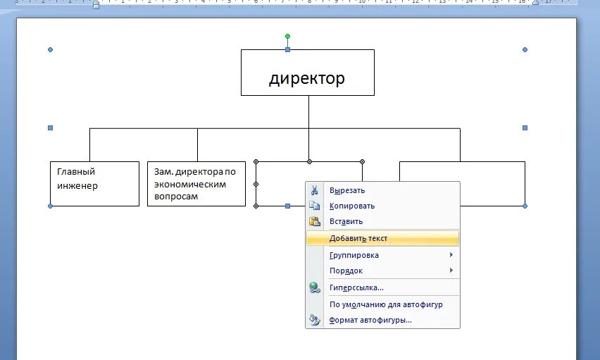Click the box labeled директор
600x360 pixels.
coord(307,73)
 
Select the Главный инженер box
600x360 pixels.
coord(94,184)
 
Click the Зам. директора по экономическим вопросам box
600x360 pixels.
coord(196,184)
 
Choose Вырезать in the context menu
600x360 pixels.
coord(346,190)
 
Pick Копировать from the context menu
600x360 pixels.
coord(351,206)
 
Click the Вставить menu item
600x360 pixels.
coord(346,221)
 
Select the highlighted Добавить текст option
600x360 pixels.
coord(358,238)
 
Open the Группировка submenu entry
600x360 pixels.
coord(354,255)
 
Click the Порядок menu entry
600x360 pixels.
coord(346,271)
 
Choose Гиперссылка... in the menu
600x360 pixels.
coord(356,287)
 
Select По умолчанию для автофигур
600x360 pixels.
coord(385,304)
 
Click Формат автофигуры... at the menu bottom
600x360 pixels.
coord(370,320)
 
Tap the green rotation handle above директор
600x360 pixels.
coord(287,36)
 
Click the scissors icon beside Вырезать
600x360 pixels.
coord(315,190)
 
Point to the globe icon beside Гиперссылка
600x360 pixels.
coord(315,287)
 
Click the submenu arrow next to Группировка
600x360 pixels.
coord(451,255)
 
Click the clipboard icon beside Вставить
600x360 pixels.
coord(315,221)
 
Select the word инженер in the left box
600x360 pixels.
coord(77,186)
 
